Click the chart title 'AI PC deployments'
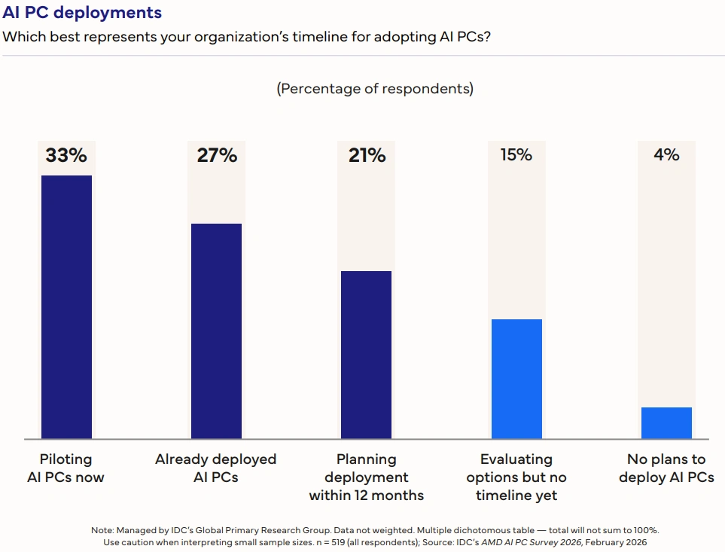click(x=82, y=13)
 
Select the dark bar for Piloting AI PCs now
click(x=66, y=306)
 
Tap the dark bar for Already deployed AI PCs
click(x=216, y=331)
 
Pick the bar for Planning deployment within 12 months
click(x=366, y=354)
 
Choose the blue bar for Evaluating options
click(x=516, y=378)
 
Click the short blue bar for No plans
click(x=666, y=422)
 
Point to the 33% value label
click(x=66, y=156)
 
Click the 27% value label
click(x=217, y=156)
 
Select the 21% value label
click(x=367, y=156)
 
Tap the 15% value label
click(x=516, y=155)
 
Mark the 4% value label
click(x=666, y=155)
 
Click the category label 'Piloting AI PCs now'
click(x=65, y=468)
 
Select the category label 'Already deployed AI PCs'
click(x=216, y=468)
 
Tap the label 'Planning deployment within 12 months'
click(x=367, y=477)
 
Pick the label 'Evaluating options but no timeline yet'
click(x=516, y=477)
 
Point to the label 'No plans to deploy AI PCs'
click(x=666, y=468)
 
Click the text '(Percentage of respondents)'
click(x=375, y=89)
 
